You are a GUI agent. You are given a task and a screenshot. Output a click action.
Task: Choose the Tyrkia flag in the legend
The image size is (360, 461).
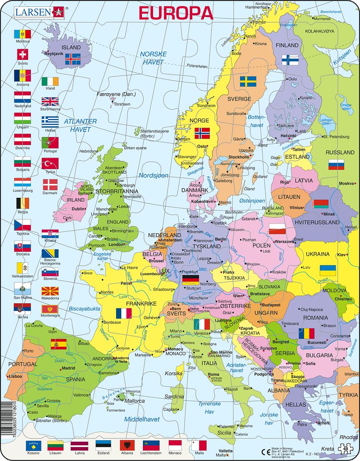(x=50, y=163)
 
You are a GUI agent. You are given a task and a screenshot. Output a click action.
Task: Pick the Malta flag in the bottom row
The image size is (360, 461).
(x=199, y=446)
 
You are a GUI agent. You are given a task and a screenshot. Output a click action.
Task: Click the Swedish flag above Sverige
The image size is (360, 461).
(x=248, y=82)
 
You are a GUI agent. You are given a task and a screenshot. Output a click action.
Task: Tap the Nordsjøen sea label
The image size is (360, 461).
(x=153, y=176)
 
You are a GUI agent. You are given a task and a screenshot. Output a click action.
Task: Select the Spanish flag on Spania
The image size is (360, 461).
(x=59, y=344)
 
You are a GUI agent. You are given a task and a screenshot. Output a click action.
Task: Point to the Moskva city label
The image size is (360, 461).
(x=346, y=183)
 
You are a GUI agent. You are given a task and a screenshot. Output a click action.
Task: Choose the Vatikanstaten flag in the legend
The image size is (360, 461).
(x=22, y=268)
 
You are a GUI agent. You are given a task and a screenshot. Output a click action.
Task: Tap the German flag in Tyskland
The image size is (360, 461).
(x=190, y=279)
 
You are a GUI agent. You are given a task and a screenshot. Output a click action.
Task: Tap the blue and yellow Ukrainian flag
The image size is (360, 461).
(x=327, y=270)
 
